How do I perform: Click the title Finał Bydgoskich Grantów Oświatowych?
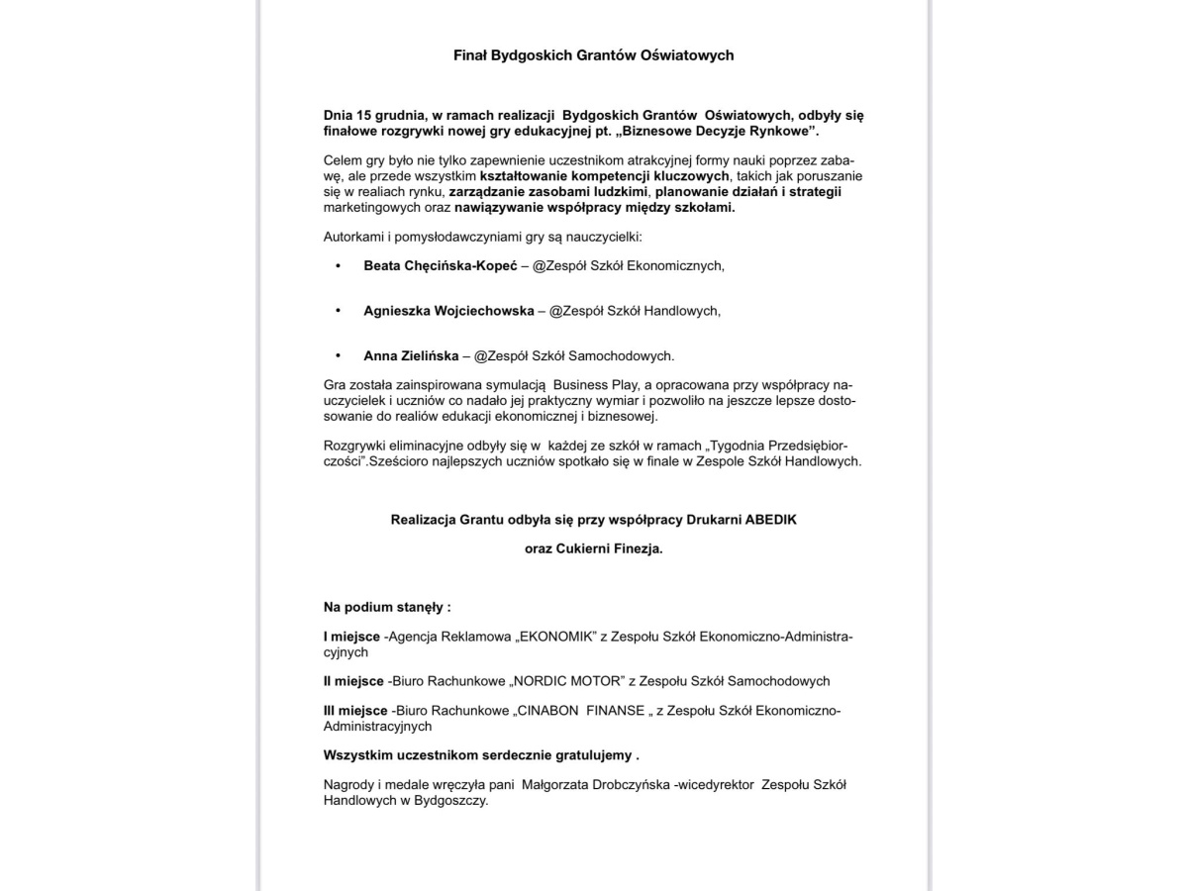[x=593, y=55]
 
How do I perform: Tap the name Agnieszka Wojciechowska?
[x=448, y=311]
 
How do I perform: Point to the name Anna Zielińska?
[x=411, y=355]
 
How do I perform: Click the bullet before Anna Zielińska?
[x=339, y=355]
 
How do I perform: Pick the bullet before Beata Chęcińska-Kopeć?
[x=339, y=266]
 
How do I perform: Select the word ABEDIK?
[x=789, y=519]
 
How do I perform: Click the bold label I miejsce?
[x=353, y=638]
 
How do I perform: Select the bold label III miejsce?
[x=356, y=711]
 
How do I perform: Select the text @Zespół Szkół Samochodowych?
[x=573, y=355]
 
